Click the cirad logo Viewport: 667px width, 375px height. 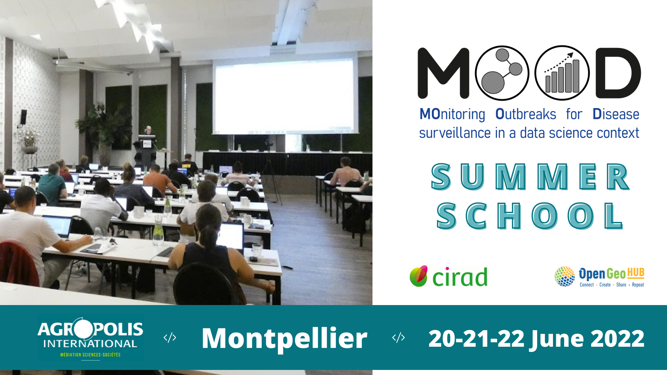[x=448, y=276]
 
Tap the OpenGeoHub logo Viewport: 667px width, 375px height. [x=599, y=276]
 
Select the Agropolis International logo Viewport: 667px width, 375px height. [x=90, y=338]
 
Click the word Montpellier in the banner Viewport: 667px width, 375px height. [x=284, y=338]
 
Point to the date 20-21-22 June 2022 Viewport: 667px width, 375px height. [x=536, y=339]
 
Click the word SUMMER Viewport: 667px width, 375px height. [x=530, y=177]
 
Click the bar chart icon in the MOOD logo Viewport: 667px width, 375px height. [x=562, y=73]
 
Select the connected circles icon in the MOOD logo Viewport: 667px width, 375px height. [x=502, y=73]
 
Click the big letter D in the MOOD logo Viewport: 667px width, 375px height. [x=618, y=73]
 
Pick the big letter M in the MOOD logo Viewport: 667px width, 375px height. [x=443, y=73]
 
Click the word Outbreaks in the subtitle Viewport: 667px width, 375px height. [x=526, y=114]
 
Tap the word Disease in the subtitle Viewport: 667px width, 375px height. [x=616, y=114]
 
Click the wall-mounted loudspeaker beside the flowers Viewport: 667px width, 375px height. [x=23, y=117]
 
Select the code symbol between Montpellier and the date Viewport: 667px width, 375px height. [x=398, y=337]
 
